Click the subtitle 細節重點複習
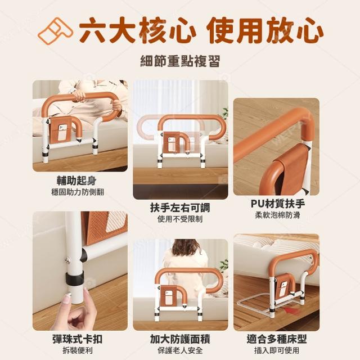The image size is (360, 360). [180, 61]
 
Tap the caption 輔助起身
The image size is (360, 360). [76, 181]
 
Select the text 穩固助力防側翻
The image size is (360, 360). [78, 192]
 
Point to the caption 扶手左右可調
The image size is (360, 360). [180, 208]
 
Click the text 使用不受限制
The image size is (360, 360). [180, 219]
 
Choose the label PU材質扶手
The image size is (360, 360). [277, 204]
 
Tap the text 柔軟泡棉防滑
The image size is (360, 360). [277, 215]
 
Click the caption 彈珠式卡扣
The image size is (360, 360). [78, 339]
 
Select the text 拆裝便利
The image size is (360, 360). [78, 350]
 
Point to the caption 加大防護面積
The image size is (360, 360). [180, 339]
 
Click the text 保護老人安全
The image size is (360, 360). [180, 350]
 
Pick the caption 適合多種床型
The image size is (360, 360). [277, 339]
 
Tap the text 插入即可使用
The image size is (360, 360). [277, 350]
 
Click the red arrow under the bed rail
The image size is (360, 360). [291, 310]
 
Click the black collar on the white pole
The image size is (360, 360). [74, 278]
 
